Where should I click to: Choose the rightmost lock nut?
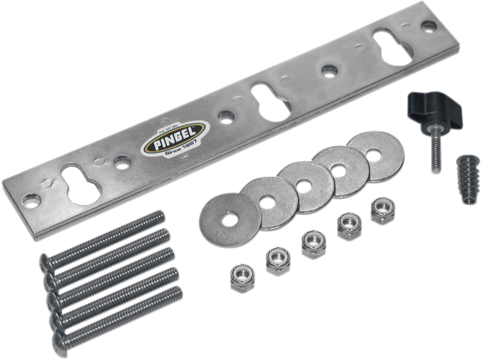[383, 211]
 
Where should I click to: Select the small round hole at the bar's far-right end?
[429, 26]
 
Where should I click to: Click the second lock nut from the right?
[349, 227]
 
